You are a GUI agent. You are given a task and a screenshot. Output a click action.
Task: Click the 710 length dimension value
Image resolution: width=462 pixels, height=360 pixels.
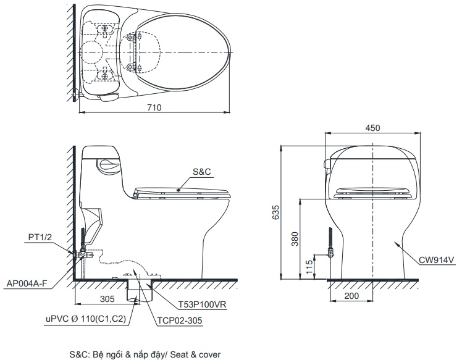[154, 107]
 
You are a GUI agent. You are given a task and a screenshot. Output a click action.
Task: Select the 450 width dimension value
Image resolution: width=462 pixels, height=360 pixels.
[372, 128]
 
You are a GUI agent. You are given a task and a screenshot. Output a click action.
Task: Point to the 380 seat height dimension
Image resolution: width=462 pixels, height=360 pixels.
[295, 238]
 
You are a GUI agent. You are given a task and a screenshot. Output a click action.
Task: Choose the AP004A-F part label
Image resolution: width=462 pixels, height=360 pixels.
[27, 284]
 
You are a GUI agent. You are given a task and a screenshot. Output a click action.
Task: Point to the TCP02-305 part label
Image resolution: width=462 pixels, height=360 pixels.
[178, 320]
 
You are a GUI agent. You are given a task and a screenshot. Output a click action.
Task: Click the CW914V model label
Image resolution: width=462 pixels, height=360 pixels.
[438, 260]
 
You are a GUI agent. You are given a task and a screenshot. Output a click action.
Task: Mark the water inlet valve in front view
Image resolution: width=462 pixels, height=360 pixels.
[330, 254]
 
